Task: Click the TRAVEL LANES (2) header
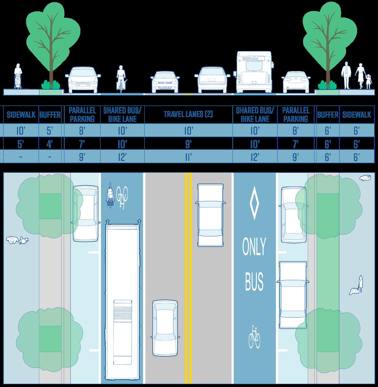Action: tap(188, 115)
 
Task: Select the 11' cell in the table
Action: tap(188, 157)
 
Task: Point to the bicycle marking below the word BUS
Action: tap(254, 337)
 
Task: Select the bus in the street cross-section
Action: tap(254, 72)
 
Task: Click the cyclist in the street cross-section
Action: tap(121, 78)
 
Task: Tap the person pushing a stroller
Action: tap(18, 77)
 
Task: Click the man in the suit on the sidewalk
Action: tap(346, 75)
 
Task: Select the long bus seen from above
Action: tap(122, 300)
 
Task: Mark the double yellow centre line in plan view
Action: tap(188, 276)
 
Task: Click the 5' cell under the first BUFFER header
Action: tap(50, 131)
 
